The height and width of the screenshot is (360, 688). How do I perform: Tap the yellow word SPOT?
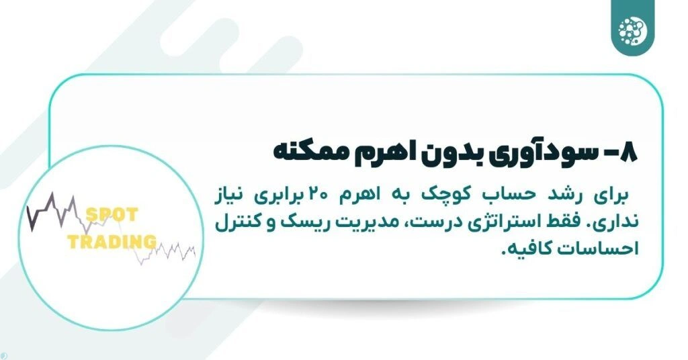pos(111,216)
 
